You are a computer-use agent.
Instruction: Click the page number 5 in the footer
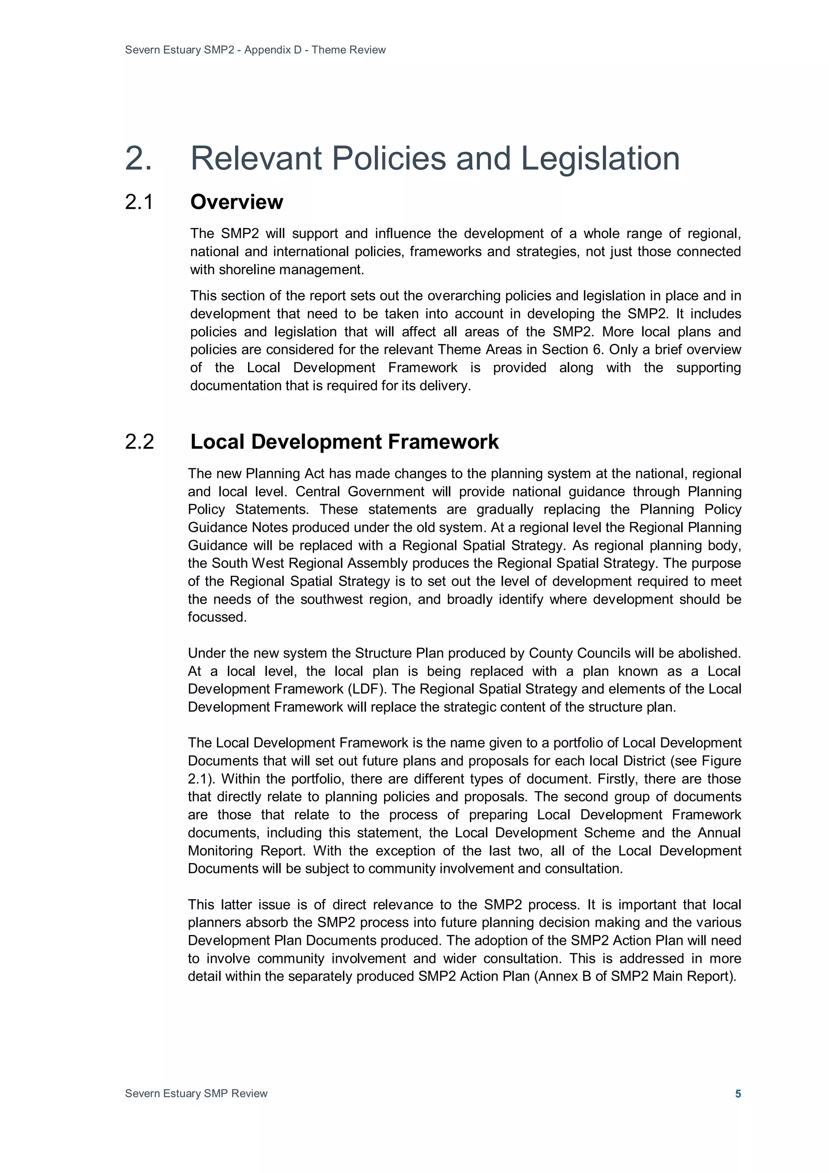coord(738,1093)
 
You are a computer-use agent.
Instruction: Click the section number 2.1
coord(139,202)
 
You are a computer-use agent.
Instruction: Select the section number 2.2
coord(139,442)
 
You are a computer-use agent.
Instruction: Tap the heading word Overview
coord(236,202)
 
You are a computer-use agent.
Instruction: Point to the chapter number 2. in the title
coord(138,158)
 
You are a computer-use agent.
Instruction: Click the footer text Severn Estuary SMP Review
coord(196,1093)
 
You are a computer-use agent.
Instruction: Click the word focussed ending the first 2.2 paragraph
coord(217,617)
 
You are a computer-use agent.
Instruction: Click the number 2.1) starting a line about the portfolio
coord(202,779)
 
